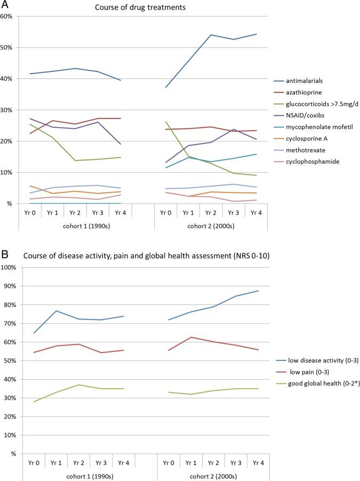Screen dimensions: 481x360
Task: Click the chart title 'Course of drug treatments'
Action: click(143, 7)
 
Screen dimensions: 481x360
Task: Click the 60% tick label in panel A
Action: click(7, 16)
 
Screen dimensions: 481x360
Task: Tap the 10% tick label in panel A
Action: click(7, 172)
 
